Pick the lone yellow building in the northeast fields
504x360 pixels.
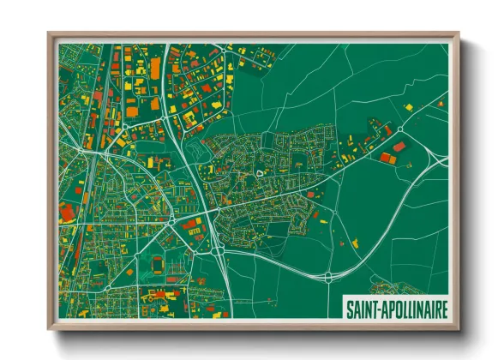pos(409,107)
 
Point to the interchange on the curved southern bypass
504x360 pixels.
pos(328,276)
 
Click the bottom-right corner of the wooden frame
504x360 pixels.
pos(459,329)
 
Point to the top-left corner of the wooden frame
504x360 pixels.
pos(49,33)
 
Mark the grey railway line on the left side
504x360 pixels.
pos(96,111)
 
